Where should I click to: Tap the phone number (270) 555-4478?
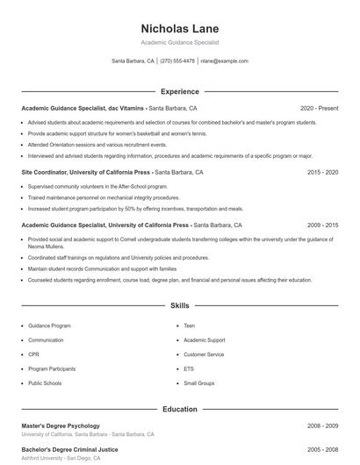[x=178, y=61]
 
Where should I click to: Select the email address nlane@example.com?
[x=224, y=61]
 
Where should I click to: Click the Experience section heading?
[x=180, y=91]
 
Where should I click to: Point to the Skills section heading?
[x=180, y=306]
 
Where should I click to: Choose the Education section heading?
[x=180, y=409]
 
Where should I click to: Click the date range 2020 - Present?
[x=319, y=108]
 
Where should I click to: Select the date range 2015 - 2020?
[x=322, y=173]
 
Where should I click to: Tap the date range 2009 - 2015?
[x=322, y=225]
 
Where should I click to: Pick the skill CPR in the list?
[x=33, y=354]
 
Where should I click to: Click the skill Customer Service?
[x=204, y=354]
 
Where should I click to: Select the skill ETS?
[x=189, y=368]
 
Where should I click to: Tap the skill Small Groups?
[x=198, y=383]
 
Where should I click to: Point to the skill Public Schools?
[x=45, y=383]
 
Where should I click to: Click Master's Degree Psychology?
[x=61, y=426]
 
